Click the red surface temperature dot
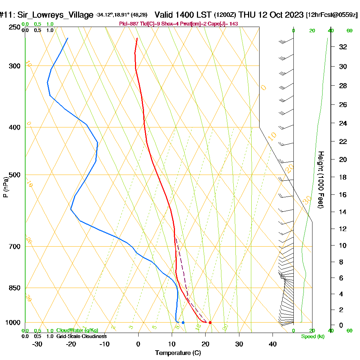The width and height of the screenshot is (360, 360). click(210, 323)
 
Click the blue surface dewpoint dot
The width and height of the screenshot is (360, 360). click(183, 323)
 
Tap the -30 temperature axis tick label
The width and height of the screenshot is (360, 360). click(37, 344)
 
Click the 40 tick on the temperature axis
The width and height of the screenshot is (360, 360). click(273, 344)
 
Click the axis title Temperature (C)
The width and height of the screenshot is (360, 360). click(178, 353)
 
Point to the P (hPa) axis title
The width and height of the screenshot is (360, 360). click(5, 187)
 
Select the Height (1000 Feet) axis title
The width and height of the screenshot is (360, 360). click(320, 180)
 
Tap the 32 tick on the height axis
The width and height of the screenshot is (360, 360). click(343, 47)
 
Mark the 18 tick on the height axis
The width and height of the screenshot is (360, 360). click(343, 177)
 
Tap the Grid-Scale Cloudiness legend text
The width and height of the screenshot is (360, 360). click(81, 336)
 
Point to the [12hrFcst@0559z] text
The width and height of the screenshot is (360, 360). click(332, 15)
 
